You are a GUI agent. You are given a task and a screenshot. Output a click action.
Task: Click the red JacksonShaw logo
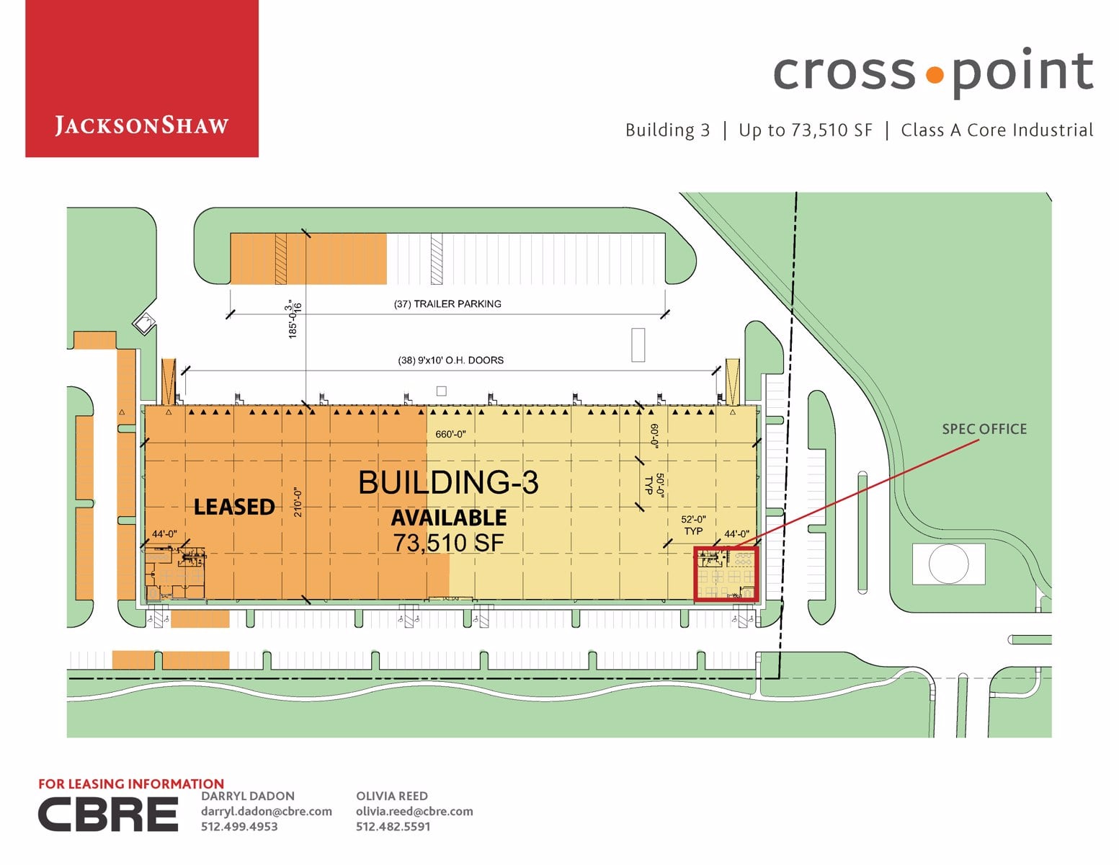[x=141, y=79]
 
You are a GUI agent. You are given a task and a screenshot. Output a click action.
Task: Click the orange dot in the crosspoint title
[x=935, y=74]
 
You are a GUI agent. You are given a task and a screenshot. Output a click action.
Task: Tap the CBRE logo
[x=108, y=815]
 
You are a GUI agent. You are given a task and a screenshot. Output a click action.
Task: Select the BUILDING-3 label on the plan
[x=448, y=482]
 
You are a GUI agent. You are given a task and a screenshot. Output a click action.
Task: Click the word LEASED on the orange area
[x=234, y=507]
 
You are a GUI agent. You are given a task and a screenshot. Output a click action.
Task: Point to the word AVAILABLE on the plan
[x=448, y=518]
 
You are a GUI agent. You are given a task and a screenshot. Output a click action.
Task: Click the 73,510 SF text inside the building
[x=448, y=543]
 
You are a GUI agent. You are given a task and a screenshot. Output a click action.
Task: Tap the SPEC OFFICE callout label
[x=984, y=429]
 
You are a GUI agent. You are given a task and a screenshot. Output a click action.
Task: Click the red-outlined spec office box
[x=726, y=575]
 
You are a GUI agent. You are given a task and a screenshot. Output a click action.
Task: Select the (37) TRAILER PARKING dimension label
[x=447, y=304]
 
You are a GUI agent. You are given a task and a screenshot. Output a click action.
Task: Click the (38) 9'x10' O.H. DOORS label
[x=450, y=360]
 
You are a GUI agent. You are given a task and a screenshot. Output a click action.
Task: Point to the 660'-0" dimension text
[x=450, y=434]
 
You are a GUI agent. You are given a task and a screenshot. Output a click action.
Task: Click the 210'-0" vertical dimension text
[x=298, y=502]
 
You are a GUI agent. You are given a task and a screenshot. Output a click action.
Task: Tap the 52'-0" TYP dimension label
[x=693, y=525]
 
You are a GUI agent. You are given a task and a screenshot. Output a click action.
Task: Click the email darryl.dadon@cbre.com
[x=266, y=811]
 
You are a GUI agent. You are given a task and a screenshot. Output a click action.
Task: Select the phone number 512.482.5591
[x=393, y=827]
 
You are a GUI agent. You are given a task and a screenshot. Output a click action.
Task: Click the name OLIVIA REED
[x=391, y=796]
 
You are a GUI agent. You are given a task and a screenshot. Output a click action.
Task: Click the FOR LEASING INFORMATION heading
[x=131, y=784]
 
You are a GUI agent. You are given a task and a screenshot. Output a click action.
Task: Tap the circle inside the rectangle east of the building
[x=948, y=564]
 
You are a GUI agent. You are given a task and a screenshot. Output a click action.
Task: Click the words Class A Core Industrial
[x=997, y=130]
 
